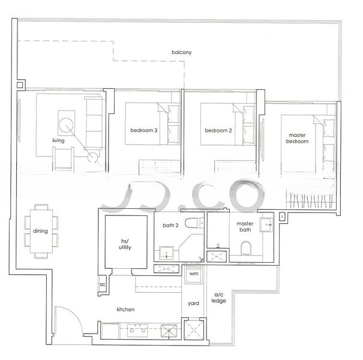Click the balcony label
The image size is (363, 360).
(x=181, y=52)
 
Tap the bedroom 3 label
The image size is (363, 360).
(x=144, y=130)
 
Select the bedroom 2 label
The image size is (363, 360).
(x=218, y=131)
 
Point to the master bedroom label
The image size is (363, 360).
(x=297, y=138)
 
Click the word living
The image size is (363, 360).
(x=58, y=140)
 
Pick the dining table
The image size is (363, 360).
(x=41, y=231)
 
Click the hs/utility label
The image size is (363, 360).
(x=125, y=244)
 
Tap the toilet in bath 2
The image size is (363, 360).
(x=194, y=223)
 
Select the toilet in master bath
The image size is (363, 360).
(x=245, y=248)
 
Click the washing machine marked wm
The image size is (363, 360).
(x=193, y=275)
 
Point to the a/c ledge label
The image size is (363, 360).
(x=218, y=298)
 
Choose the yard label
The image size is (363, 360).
(x=193, y=303)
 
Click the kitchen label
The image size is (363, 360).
(x=125, y=309)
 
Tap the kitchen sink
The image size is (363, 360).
(x=169, y=331)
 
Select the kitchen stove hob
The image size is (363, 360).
(x=137, y=331)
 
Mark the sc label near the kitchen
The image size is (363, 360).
(x=103, y=284)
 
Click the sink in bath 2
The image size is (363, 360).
(x=166, y=253)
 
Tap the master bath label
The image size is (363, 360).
(x=245, y=227)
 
